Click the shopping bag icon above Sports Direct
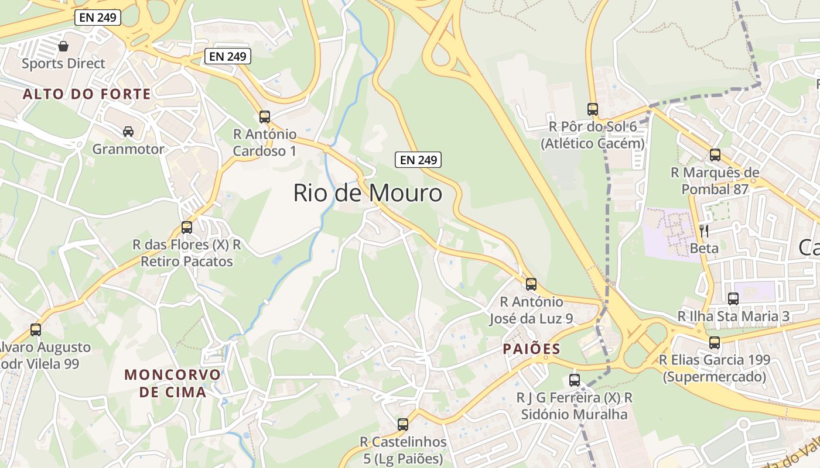point(63,46)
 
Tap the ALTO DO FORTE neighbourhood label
point(87,94)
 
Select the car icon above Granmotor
point(128,132)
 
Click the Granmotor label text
point(128,149)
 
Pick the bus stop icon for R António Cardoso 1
point(265,116)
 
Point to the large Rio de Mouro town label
point(367,192)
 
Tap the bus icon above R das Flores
point(187,227)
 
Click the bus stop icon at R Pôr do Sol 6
point(593,109)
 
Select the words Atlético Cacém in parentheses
point(592,143)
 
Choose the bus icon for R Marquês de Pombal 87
point(715,154)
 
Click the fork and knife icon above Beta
point(704,230)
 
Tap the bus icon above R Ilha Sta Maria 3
point(733,298)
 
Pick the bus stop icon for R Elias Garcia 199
point(715,342)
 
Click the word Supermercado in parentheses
point(714,377)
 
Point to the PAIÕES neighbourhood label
point(531,349)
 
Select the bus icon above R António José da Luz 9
point(531,284)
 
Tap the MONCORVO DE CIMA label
point(173,383)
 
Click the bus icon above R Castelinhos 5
point(403,424)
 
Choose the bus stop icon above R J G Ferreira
point(575,380)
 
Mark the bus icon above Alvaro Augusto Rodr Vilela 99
point(36,329)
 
